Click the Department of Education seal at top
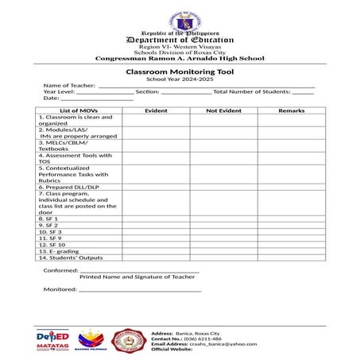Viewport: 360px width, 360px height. pos(180,22)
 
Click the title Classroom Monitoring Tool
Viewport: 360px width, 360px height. pos(180,72)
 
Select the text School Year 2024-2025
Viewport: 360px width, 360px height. pos(180,79)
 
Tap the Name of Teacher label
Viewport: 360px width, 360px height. pos(68,86)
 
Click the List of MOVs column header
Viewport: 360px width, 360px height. pos(79,110)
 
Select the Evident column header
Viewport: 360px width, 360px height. pos(156,110)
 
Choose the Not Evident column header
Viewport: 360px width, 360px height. pos(223,110)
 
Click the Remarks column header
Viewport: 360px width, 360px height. pos(292,110)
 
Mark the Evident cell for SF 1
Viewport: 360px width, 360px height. pos(156,219)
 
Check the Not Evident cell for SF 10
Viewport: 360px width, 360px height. pos(223,245)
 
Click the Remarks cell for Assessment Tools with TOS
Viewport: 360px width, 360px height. pos(292,158)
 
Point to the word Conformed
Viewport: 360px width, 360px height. pos(60,270)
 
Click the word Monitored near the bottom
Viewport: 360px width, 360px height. pos(60,289)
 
